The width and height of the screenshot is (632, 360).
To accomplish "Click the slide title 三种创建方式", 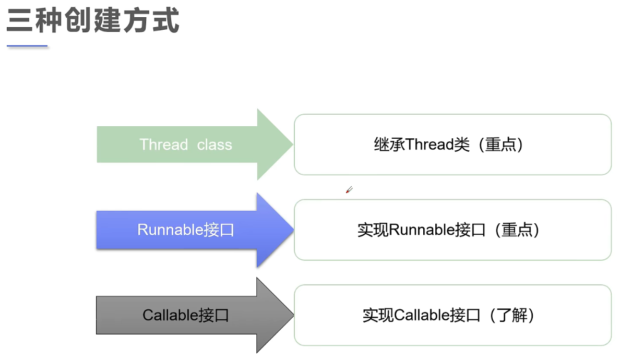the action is pyautogui.click(x=93, y=20).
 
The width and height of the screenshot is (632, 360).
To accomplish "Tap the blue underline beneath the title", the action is pyautogui.click(x=27, y=46).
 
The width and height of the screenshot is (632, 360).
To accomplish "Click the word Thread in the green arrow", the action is pyautogui.click(x=164, y=145).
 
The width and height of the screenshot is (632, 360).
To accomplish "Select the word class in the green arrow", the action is pyautogui.click(x=214, y=145).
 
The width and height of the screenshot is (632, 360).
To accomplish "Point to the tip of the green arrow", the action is pyautogui.click(x=293, y=145).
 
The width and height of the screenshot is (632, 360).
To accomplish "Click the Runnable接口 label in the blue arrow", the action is pyautogui.click(x=186, y=230).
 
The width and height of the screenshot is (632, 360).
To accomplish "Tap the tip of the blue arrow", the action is pyautogui.click(x=293, y=230).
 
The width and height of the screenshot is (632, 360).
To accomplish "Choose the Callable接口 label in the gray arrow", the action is pyautogui.click(x=186, y=315).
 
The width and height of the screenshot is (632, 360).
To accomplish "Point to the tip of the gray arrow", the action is pyautogui.click(x=293, y=315).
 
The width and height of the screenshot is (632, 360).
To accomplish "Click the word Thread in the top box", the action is pyautogui.click(x=430, y=145).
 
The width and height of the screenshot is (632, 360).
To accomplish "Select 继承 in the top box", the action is pyautogui.click(x=390, y=145).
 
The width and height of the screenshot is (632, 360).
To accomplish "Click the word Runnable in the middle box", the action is pyautogui.click(x=422, y=230).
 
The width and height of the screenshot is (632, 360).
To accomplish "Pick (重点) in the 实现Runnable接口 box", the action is pyautogui.click(x=516, y=230).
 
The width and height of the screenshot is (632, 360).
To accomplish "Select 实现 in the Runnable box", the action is pyautogui.click(x=373, y=230).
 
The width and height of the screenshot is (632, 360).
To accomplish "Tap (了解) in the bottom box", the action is pyautogui.click(x=512, y=316).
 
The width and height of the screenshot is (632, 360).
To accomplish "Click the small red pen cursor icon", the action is pyautogui.click(x=349, y=190).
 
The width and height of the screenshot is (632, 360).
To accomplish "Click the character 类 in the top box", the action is pyautogui.click(x=462, y=145).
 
